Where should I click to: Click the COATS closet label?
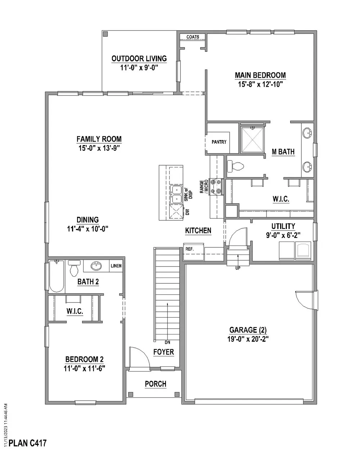pos(193,37)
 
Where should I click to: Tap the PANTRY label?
pos(219,142)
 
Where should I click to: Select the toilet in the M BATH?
pos(235,166)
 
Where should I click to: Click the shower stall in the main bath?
pos(252,139)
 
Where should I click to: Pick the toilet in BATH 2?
pos(74,268)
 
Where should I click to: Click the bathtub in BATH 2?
pos(57,276)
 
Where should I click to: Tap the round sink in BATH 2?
pos(96,266)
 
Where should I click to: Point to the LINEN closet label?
pos(116,266)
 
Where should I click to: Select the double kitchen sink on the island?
pos(176,194)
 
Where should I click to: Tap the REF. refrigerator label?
pos(189,249)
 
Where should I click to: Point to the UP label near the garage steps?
pos(238,268)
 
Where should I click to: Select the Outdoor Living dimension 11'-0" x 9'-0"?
pos(139,68)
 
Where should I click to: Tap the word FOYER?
pos(163,352)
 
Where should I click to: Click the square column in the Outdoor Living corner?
pos(105,34)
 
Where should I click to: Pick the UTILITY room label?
pos(283,226)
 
